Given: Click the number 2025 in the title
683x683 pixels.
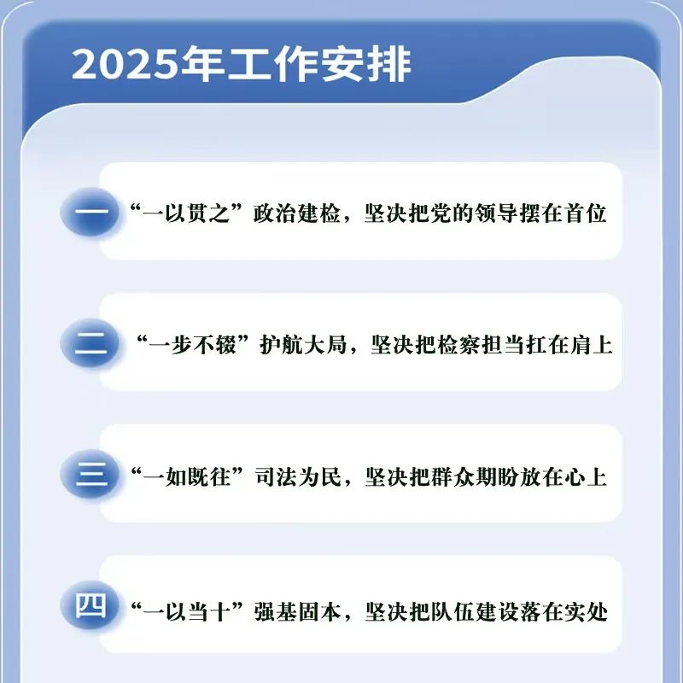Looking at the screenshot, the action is (x=125, y=65).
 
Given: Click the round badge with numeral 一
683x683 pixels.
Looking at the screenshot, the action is (x=90, y=212).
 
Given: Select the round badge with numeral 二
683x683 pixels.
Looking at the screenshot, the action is (x=90, y=343).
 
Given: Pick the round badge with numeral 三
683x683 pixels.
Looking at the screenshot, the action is (x=90, y=475).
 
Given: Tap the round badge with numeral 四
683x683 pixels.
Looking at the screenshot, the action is (x=90, y=605).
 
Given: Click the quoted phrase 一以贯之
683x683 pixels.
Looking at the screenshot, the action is (x=186, y=213).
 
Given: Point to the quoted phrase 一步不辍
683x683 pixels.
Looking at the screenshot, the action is (x=192, y=345).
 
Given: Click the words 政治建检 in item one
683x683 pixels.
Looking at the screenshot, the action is (x=296, y=213).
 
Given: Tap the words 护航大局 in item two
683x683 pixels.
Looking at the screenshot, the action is (x=303, y=345).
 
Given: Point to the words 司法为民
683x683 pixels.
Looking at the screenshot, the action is (x=298, y=477).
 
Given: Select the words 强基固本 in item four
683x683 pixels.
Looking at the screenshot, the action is (x=298, y=612).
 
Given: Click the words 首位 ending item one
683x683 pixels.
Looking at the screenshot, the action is (x=586, y=213).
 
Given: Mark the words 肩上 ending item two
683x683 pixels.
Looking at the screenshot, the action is (x=592, y=345).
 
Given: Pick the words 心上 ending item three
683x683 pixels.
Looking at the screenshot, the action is (x=586, y=477).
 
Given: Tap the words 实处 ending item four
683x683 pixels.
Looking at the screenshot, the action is (x=587, y=612).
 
